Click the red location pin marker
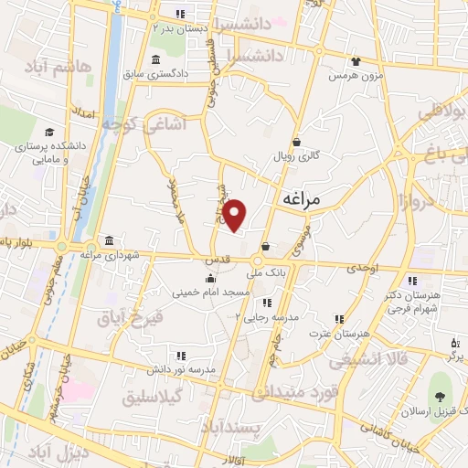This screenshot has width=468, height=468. point(236,214)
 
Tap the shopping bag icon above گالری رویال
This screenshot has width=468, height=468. point(297,143)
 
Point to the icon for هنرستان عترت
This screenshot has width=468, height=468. point(339,320)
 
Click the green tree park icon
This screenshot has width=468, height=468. point(441,398)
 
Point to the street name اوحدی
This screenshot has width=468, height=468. point(363,267)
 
